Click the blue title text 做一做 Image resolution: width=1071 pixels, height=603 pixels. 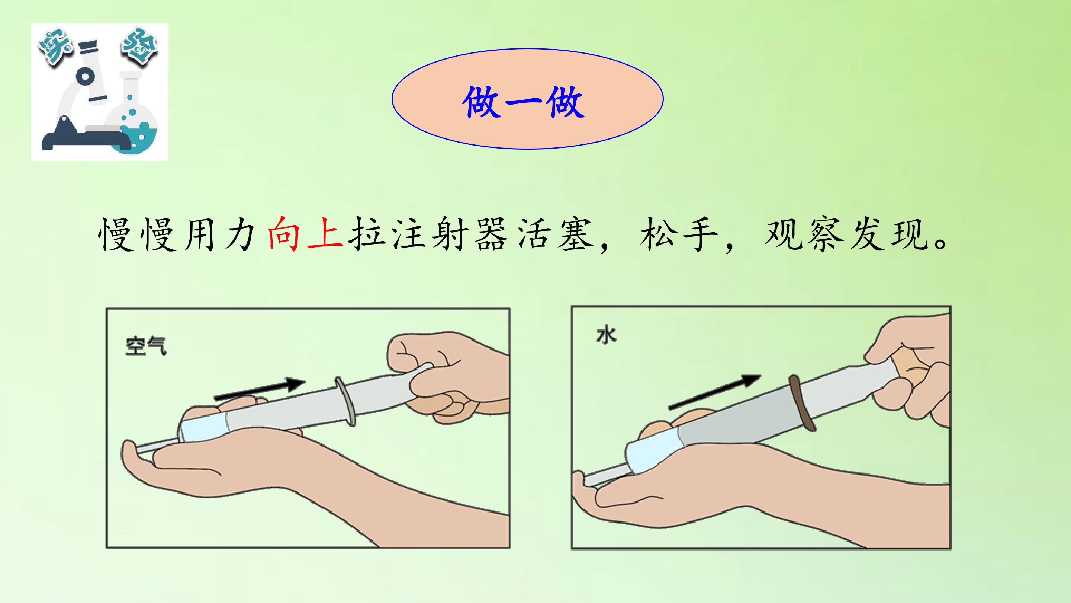tap(524, 102)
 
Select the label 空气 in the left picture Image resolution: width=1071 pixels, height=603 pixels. tap(146, 346)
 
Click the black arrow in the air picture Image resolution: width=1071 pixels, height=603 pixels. tap(260, 389)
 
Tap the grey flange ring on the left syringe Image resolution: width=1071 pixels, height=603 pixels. tap(345, 402)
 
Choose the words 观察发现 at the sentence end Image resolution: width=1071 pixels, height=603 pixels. tap(846, 233)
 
